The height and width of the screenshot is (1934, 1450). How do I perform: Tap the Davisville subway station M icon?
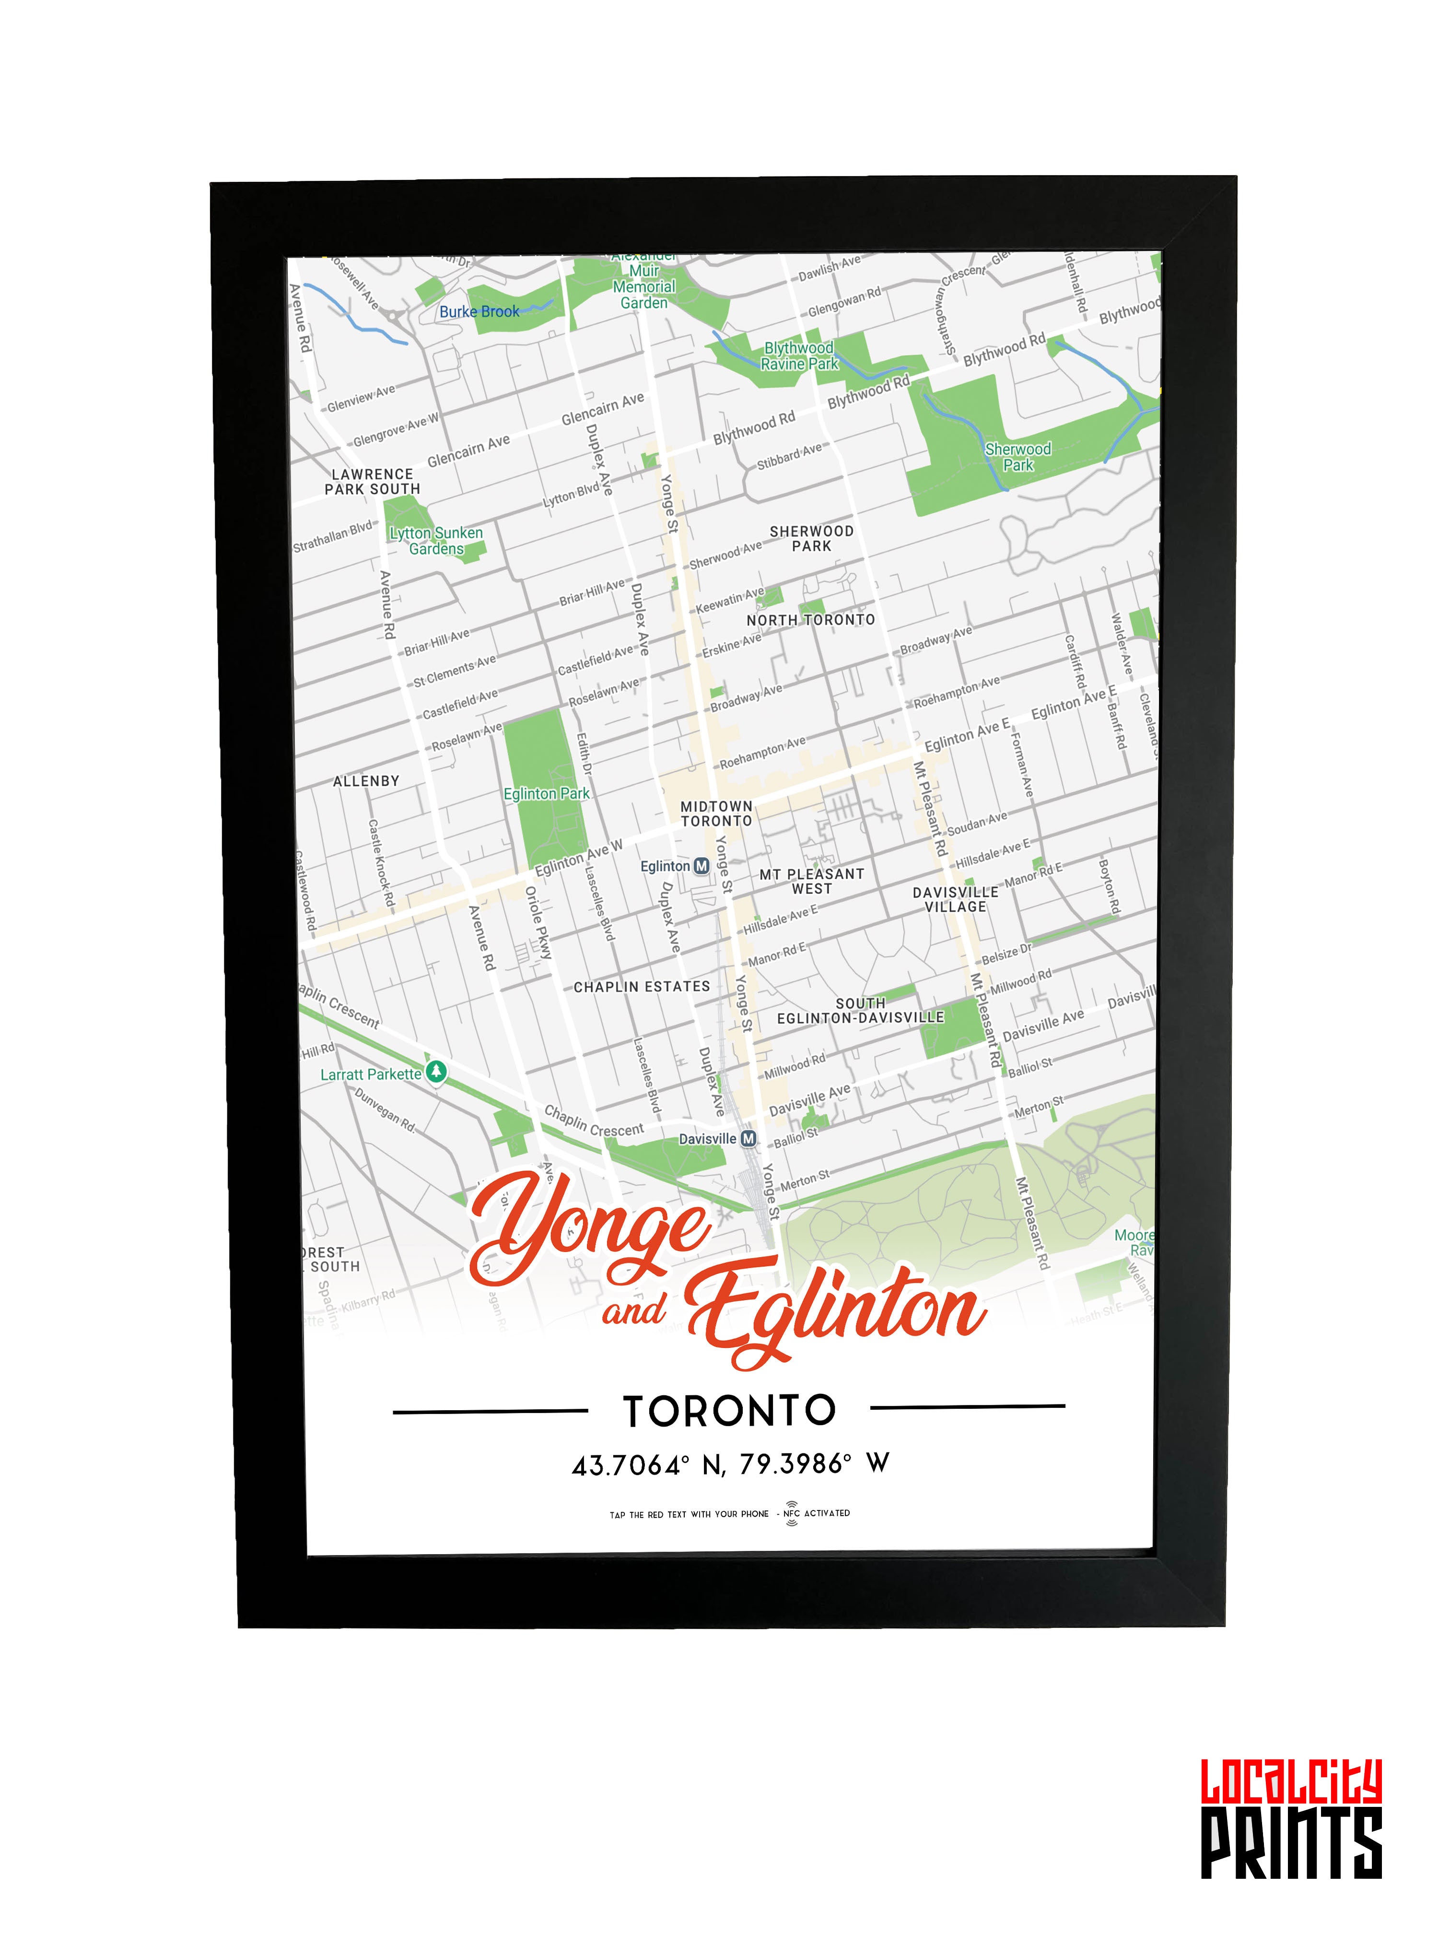click(x=748, y=1138)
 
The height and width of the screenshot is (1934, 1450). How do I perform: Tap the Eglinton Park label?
click(x=546, y=794)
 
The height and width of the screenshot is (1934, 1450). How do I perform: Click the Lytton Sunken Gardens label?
click(x=436, y=540)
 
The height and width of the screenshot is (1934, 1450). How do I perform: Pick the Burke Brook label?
click(x=479, y=311)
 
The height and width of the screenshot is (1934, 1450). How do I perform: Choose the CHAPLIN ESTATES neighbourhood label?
click(x=642, y=986)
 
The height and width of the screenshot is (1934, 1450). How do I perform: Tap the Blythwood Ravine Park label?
click(x=799, y=356)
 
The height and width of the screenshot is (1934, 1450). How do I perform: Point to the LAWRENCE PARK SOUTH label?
click(x=373, y=482)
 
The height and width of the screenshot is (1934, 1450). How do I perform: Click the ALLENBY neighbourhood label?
click(x=366, y=781)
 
